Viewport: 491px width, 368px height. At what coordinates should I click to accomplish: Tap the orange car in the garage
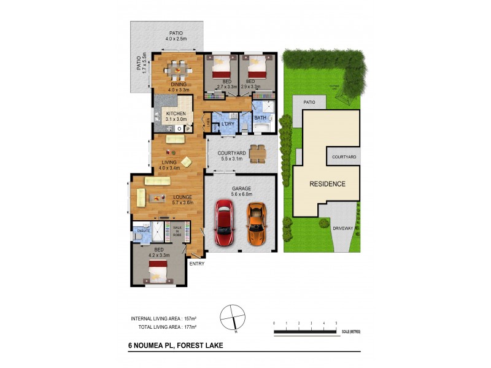click(256, 224)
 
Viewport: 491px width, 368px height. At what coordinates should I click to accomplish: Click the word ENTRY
click(197, 264)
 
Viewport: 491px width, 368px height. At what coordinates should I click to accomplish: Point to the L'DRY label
click(228, 124)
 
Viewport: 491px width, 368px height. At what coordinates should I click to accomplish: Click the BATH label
click(260, 118)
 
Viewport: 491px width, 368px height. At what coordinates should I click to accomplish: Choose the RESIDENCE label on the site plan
click(327, 184)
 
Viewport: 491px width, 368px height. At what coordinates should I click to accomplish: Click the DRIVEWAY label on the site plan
click(343, 228)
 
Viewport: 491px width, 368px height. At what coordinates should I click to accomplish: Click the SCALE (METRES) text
click(351, 331)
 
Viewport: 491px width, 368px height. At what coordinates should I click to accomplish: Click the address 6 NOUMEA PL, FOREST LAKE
click(171, 345)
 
